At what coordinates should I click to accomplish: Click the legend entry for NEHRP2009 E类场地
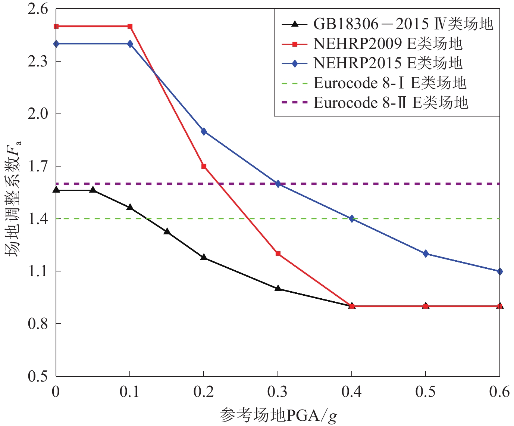click(388, 44)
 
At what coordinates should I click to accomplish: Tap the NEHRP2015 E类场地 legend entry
click(388, 63)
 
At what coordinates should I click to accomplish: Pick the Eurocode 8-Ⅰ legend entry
click(390, 83)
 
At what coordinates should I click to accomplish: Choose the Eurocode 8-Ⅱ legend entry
click(391, 102)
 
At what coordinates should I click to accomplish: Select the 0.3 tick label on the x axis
click(278, 392)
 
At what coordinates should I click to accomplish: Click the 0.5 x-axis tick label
click(426, 392)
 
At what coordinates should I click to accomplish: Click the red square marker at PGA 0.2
click(204, 166)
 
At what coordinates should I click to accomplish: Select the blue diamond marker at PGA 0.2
click(204, 131)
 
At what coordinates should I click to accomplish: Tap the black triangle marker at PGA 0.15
click(167, 232)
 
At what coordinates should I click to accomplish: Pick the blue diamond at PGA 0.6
click(499, 271)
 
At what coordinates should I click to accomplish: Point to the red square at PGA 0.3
click(278, 254)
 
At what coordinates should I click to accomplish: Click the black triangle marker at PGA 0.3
click(278, 288)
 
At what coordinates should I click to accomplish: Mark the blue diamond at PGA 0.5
click(426, 254)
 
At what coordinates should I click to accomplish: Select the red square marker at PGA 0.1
click(130, 27)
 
